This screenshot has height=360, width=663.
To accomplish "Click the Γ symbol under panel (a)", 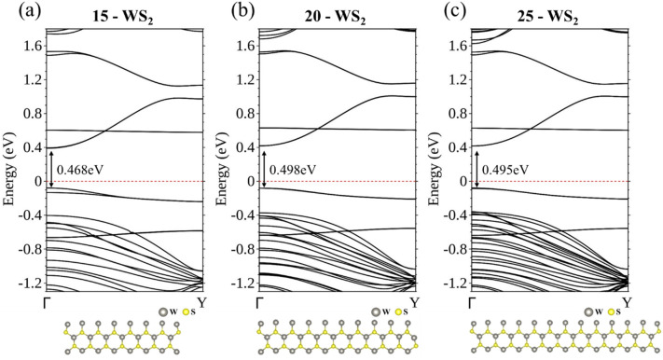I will click(51, 303).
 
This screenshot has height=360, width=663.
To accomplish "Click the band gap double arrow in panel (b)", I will click(264, 168).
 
